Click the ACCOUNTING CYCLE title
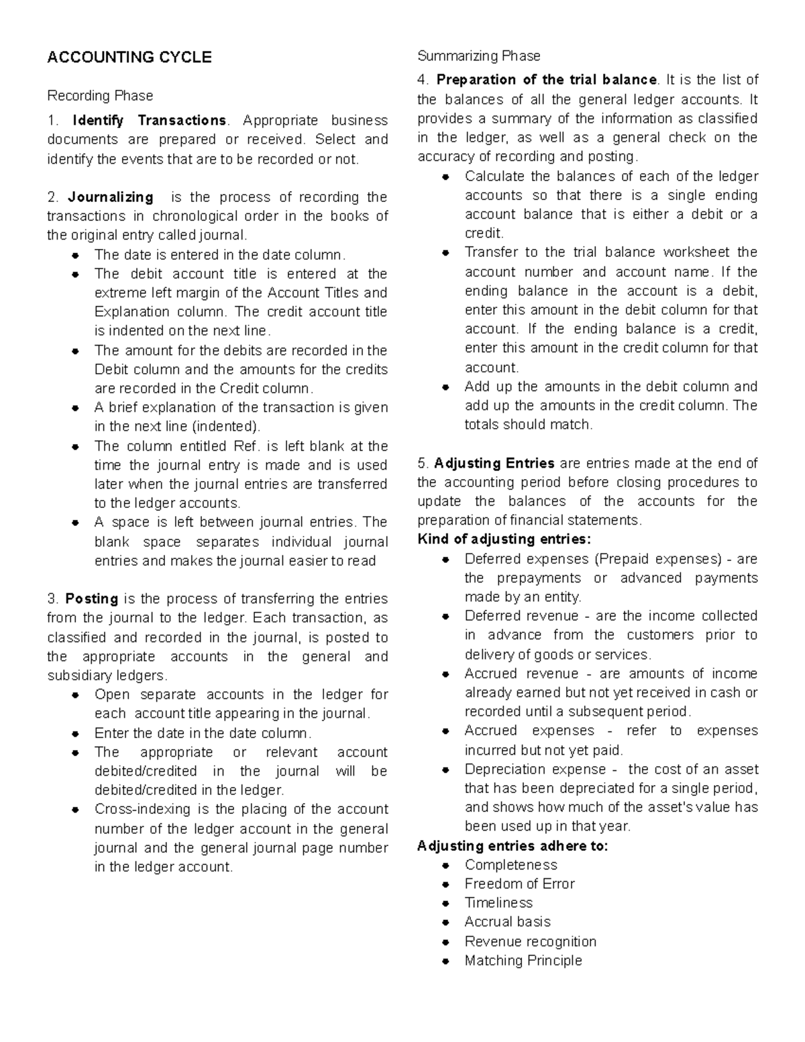[129, 57]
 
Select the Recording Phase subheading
[100, 95]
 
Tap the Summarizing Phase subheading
[478, 56]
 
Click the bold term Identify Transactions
[149, 121]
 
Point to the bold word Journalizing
[111, 197]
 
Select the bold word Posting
[92, 598]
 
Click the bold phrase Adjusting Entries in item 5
[494, 463]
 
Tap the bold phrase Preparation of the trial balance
[547, 80]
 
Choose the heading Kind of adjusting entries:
[504, 539]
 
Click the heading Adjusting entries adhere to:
[513, 845]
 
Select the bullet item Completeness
[511, 865]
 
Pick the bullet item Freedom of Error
[519, 884]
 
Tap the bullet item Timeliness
[498, 902]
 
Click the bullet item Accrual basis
[507, 922]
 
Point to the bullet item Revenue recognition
[530, 941]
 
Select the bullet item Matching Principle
[523, 960]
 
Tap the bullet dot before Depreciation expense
[445, 770]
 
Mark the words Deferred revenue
[521, 616]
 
